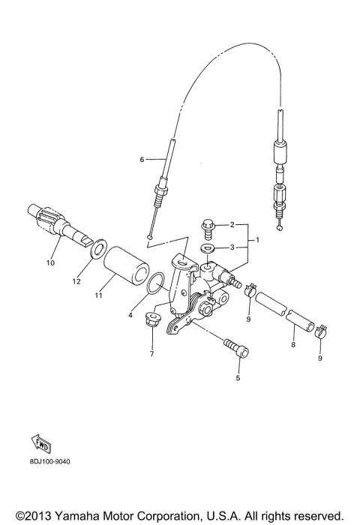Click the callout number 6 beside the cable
click(x=142, y=160)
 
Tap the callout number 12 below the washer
click(x=76, y=281)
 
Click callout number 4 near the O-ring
click(x=130, y=316)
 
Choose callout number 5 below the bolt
click(x=238, y=379)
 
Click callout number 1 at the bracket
click(x=258, y=240)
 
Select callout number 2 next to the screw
click(x=232, y=225)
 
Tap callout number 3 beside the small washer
click(x=232, y=247)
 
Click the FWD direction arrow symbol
click(x=41, y=445)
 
